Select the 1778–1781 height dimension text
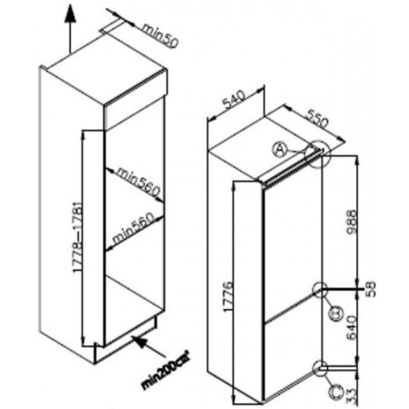tap(78, 237)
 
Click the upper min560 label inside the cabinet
tap(138, 182)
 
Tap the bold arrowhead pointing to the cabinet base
tap(140, 341)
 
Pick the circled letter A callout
tap(279, 150)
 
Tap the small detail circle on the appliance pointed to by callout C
tap(320, 368)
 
